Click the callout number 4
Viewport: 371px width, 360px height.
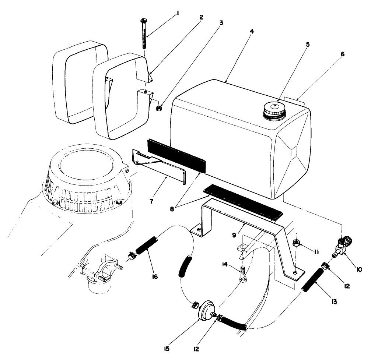coord(251,32)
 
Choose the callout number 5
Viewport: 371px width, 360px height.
coord(298,45)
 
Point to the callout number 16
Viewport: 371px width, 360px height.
coord(154,276)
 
